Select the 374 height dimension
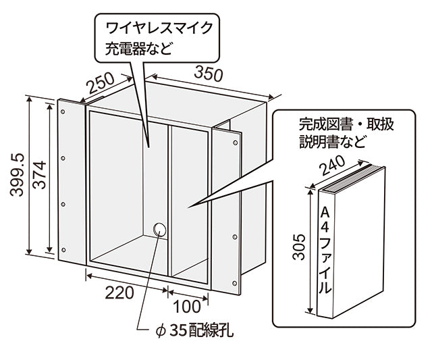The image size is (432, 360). [38, 177]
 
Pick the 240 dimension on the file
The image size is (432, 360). [333, 164]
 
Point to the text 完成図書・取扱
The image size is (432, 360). [344, 125]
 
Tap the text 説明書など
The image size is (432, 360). [333, 143]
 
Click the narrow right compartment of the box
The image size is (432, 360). [189, 203]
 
